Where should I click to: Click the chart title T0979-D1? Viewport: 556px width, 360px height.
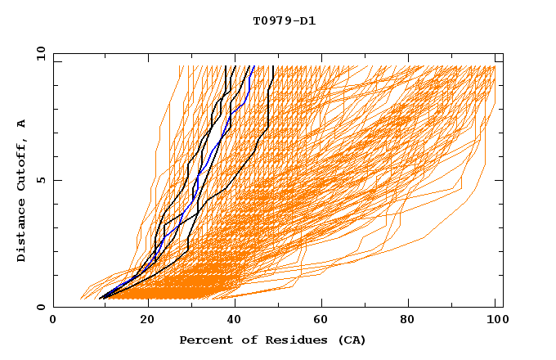pyautogui.click(x=284, y=21)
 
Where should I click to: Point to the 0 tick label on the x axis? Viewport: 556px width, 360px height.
pyautogui.click(x=53, y=321)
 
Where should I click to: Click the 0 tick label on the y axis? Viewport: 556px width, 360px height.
pyautogui.click(x=41, y=308)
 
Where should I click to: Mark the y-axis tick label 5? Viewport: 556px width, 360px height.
pyautogui.click(x=41, y=180)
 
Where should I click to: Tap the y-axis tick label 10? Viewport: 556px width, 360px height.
pyautogui.click(x=38, y=53)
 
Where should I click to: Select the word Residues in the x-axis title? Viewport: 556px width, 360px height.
pyautogui.click(x=285, y=340)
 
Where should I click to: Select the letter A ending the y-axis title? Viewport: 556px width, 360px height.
pyautogui.click(x=22, y=123)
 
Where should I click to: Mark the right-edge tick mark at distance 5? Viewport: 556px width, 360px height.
pyautogui.click(x=500, y=180)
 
